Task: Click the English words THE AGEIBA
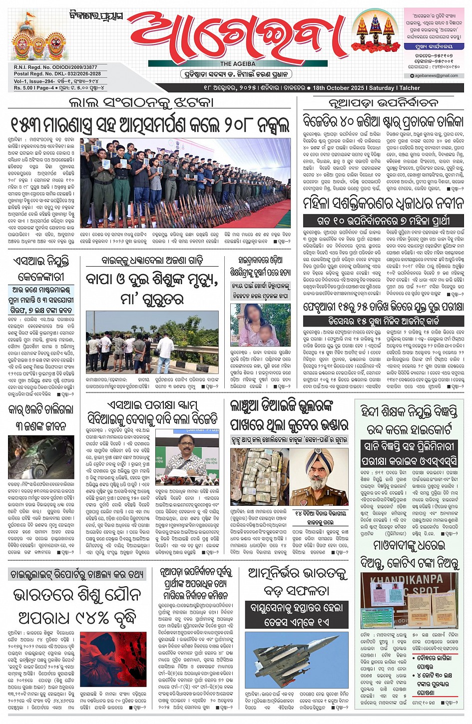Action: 238,64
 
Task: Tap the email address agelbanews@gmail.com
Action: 436,76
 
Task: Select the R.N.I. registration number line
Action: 55,67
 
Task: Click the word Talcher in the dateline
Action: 410,88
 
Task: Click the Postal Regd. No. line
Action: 57,74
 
